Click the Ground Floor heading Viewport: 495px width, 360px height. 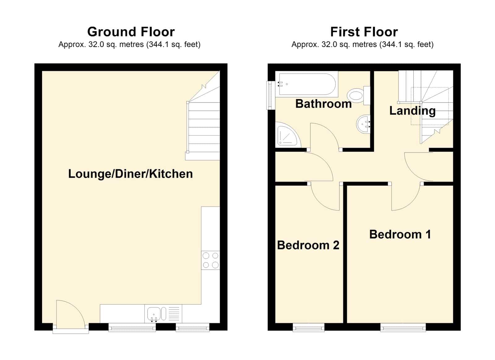pos(131,32)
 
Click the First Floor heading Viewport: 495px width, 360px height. pos(364,32)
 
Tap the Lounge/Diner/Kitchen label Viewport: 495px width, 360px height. pos(130,174)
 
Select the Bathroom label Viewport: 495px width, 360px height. pos(323,104)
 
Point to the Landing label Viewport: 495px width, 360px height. pos(412,111)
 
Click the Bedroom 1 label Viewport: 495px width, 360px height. pos(400,234)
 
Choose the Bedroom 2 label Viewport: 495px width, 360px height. pos(308,245)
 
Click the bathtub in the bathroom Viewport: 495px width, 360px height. pos(307,84)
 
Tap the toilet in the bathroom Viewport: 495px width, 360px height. pos(359,96)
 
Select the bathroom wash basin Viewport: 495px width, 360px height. pos(363,124)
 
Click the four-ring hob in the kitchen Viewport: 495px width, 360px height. pos(210,260)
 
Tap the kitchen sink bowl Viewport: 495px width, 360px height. pos(154,314)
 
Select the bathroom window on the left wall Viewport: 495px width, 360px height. pos(269,95)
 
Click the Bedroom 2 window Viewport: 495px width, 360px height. pos(308,327)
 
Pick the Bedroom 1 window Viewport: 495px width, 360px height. pos(403,327)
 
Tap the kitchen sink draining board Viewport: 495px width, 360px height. pos(174,314)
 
